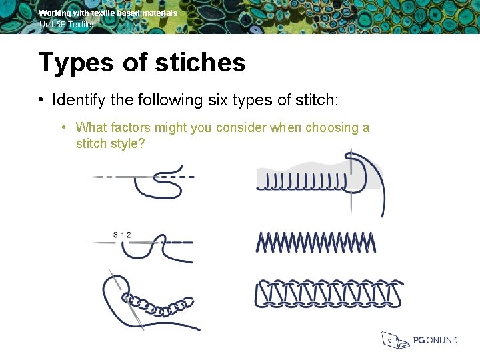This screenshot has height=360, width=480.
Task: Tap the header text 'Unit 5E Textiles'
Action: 67,24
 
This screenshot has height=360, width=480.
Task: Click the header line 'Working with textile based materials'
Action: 108,13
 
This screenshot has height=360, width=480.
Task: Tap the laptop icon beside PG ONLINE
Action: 393,340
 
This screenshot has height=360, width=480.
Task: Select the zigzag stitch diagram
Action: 315,242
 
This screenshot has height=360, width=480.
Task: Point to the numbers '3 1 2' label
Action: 122,234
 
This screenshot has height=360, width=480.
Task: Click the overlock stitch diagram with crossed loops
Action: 329,294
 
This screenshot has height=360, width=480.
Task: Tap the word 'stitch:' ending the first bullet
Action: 317,101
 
